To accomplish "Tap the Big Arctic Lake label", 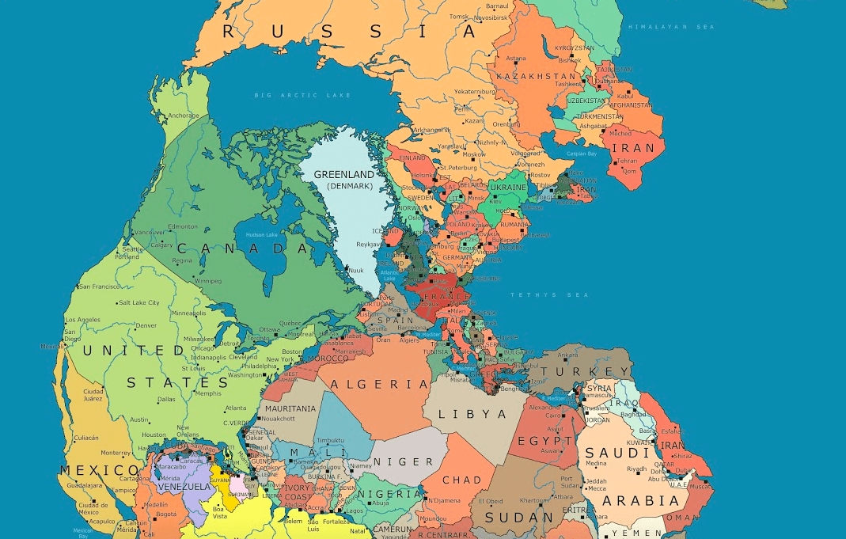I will (x=302, y=95).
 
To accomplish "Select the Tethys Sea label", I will (x=539, y=294).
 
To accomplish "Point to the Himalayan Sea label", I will (x=671, y=27).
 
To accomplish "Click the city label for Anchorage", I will (x=183, y=116).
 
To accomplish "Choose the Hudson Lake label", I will (x=261, y=235).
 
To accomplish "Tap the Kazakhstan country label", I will (x=536, y=76).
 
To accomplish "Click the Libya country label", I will (x=472, y=414).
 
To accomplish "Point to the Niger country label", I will (x=404, y=461).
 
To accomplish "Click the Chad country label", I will (x=462, y=480).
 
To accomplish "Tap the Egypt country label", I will (x=544, y=441).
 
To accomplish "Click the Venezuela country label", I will (x=185, y=487).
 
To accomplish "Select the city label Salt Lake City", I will (x=138, y=302).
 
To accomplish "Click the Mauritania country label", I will (x=290, y=408).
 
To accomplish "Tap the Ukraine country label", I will (x=508, y=188).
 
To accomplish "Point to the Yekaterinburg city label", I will (x=474, y=91).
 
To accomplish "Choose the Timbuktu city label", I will (x=329, y=440).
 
